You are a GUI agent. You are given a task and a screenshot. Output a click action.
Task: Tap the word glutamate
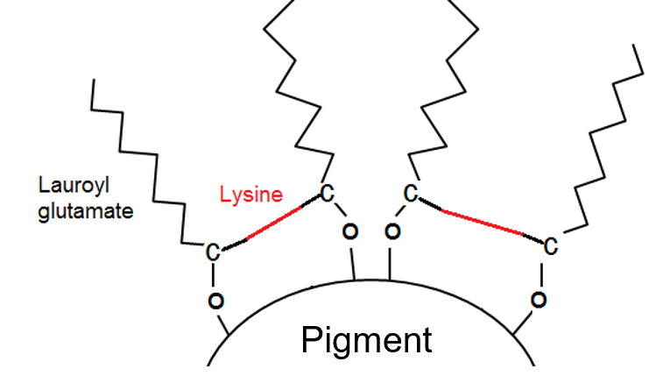[86, 210]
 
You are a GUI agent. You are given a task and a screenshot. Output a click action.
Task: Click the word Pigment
[366, 339]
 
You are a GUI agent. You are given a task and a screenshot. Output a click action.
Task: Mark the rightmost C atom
[550, 246]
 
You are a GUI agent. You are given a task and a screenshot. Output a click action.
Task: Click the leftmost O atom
[215, 301]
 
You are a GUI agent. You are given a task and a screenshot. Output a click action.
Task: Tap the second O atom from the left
[349, 232]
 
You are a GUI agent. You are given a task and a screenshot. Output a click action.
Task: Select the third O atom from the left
[392, 232]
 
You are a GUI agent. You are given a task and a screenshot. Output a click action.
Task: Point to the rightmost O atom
[540, 301]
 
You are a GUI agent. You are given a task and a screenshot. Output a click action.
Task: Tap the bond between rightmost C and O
[543, 274]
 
